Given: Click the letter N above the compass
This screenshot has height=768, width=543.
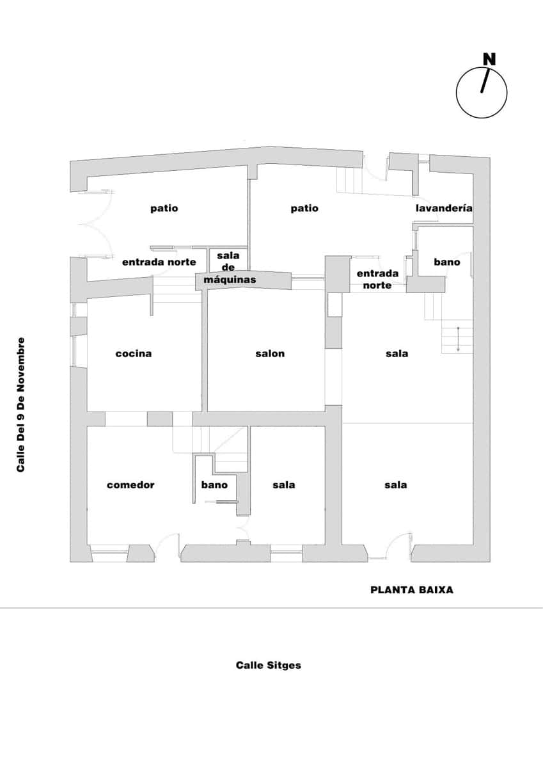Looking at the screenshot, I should (x=489, y=59).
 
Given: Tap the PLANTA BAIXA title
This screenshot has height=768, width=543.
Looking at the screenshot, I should (x=411, y=589).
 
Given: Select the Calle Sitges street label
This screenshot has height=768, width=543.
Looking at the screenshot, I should (x=268, y=665).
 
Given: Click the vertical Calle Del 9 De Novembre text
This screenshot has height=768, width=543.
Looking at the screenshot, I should (x=21, y=404).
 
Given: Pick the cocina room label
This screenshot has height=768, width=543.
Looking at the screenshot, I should (x=134, y=353).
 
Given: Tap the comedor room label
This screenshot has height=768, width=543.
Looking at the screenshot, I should (x=130, y=484).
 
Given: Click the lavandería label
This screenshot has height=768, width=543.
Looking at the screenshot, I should (x=444, y=208).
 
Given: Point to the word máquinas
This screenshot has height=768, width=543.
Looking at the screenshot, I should (x=230, y=280).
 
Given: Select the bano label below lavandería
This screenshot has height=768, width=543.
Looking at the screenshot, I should (x=446, y=262).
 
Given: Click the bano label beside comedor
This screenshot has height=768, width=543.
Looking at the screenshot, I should (x=214, y=484).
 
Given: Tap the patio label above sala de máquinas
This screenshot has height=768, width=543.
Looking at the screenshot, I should (x=164, y=208).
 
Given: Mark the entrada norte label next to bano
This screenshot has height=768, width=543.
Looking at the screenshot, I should (x=377, y=279).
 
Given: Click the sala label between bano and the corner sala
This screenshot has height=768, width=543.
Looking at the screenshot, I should (x=283, y=484).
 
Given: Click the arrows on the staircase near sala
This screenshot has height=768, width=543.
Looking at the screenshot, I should (x=458, y=339).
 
